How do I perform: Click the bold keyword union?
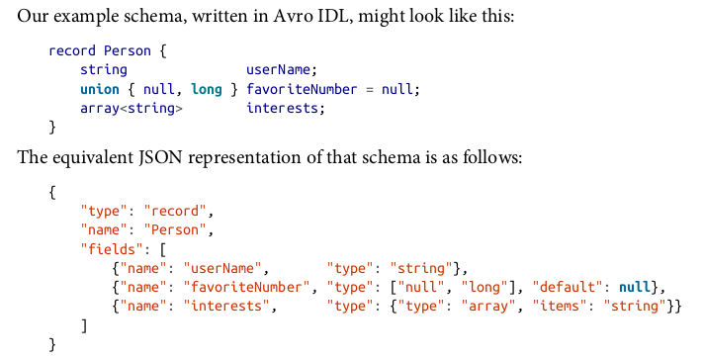click(x=100, y=89)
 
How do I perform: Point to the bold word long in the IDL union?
click(x=207, y=89)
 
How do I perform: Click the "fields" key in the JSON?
click(x=112, y=249)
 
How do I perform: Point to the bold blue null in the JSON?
click(x=635, y=287)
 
